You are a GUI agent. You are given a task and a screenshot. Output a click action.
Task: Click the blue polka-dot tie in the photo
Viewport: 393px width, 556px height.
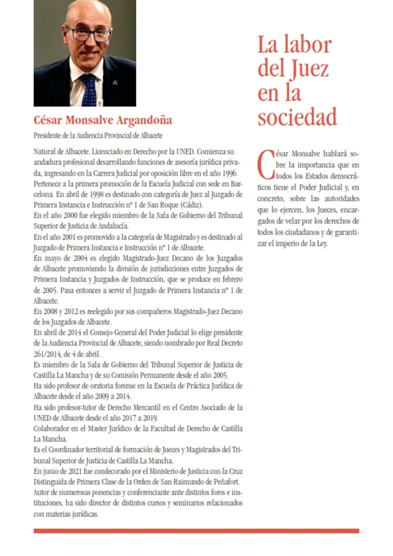click(88, 90)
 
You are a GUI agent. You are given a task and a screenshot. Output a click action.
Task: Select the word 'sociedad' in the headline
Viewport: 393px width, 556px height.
click(297, 116)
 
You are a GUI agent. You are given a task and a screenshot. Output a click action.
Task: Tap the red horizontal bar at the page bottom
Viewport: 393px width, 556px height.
click(196, 531)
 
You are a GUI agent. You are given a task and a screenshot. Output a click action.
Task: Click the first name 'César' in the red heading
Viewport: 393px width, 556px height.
click(48, 120)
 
